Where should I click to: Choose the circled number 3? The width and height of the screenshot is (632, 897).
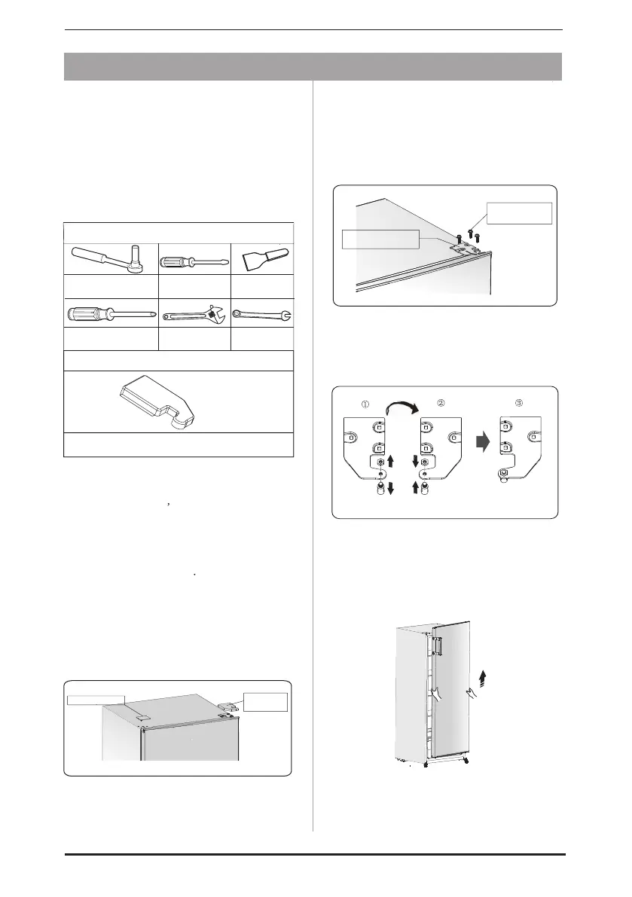[x=518, y=403]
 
